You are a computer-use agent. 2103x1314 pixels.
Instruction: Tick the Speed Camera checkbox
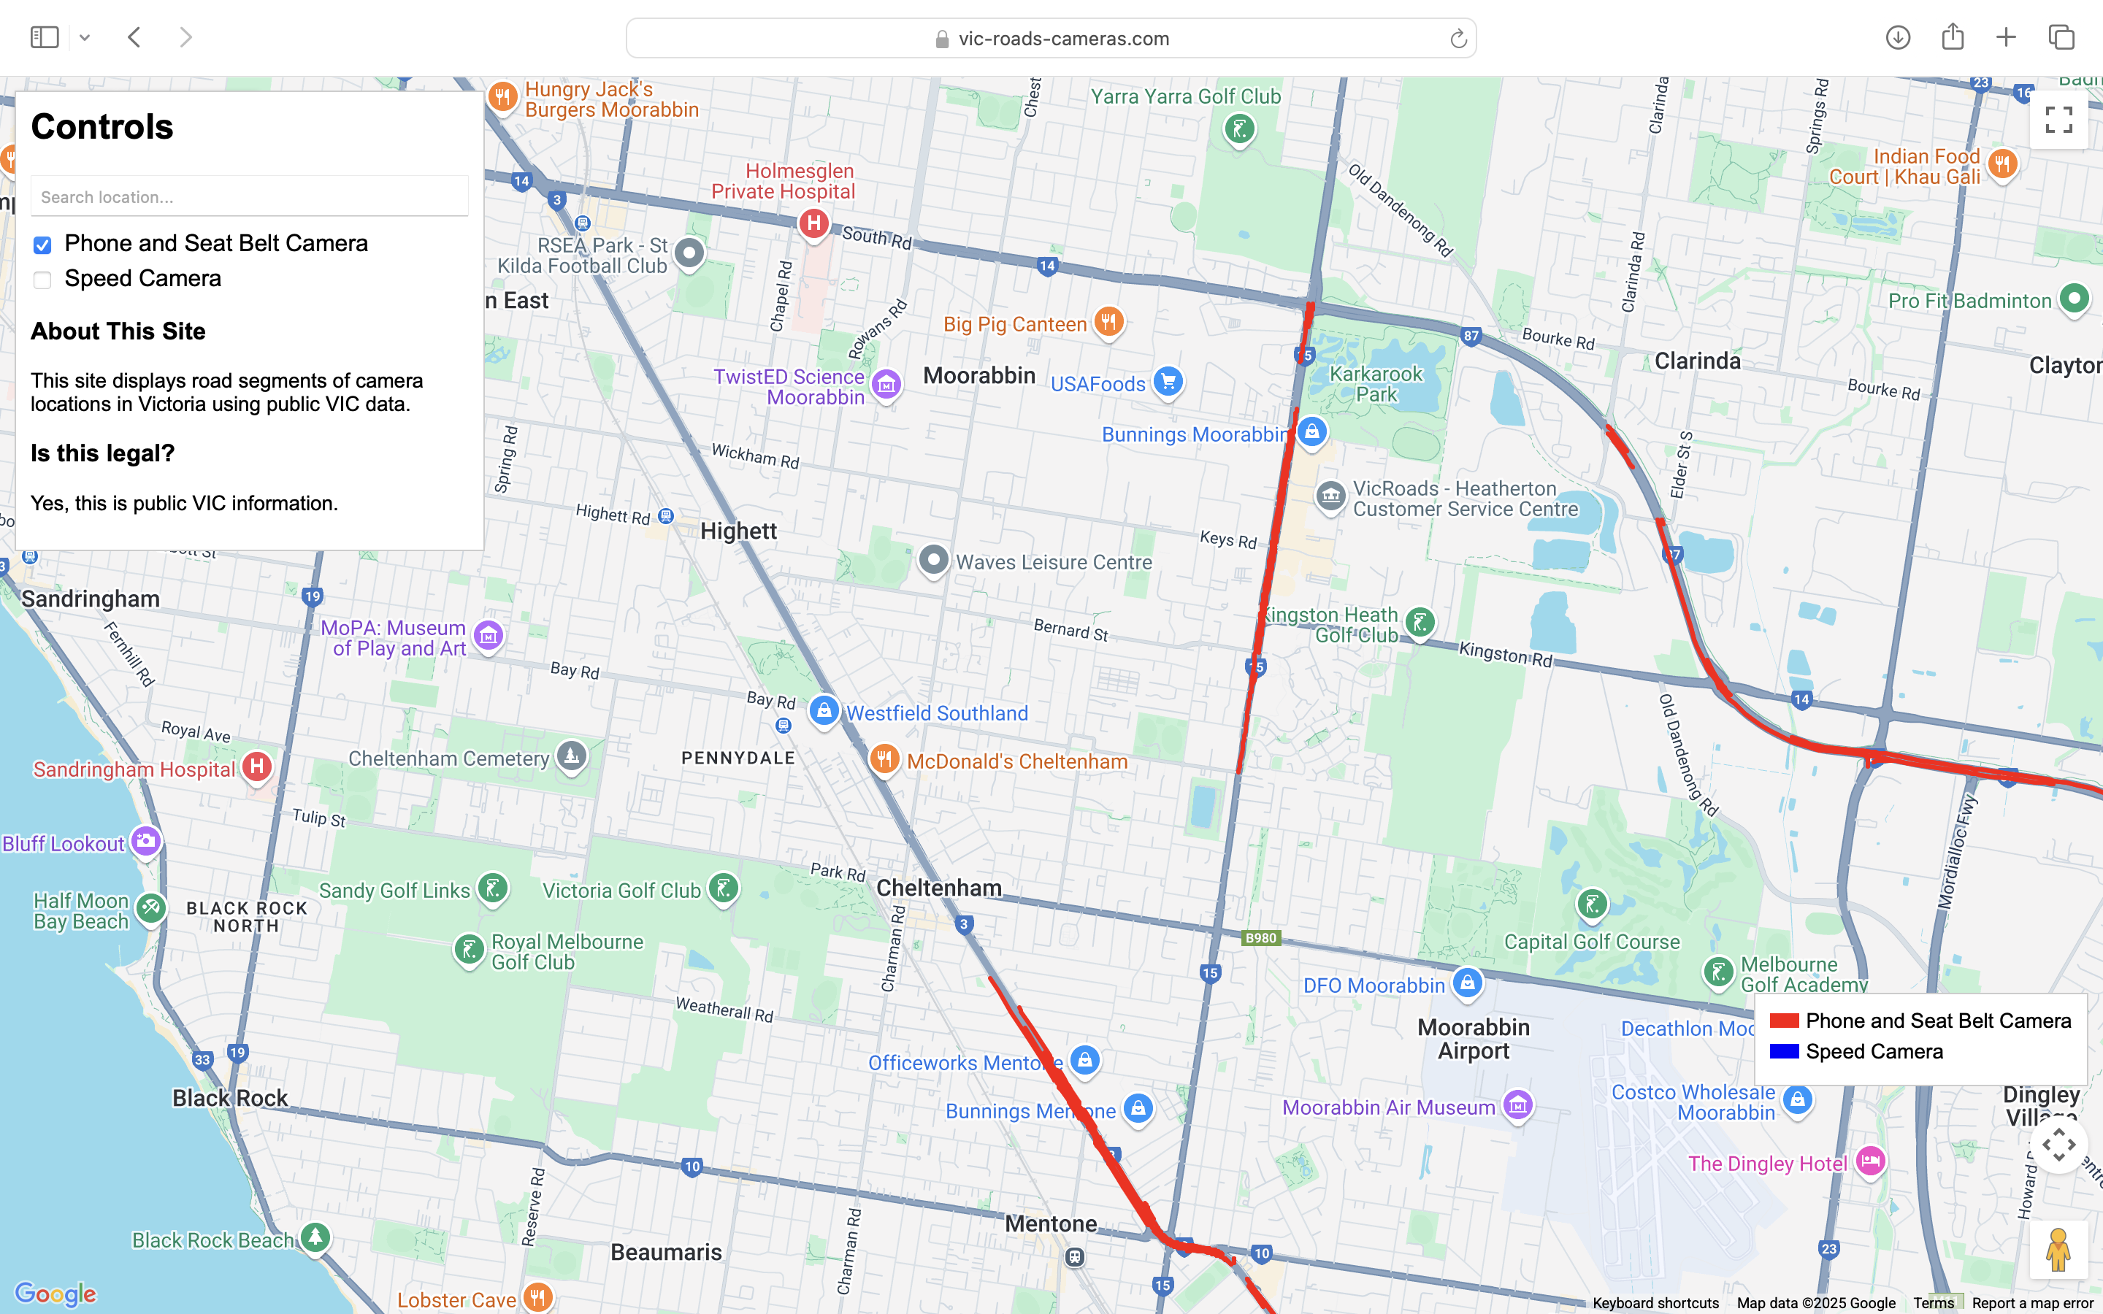42,280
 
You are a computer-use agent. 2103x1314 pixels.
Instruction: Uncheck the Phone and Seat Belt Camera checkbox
42,245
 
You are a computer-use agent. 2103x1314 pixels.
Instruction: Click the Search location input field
250,196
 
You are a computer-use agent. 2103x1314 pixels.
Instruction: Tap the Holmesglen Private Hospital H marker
813,223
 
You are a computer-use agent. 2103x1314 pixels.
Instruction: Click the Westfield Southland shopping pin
824,711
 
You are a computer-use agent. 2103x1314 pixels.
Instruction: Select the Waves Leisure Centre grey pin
933,558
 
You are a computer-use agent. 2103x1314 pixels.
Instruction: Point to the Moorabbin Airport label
1473,1039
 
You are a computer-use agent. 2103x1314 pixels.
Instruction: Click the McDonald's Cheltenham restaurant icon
884,758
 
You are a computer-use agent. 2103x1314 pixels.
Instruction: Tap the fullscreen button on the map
2058,120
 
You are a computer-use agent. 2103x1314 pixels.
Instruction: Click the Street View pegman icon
2057,1250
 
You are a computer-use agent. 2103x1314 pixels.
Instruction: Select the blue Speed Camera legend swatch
1784,1051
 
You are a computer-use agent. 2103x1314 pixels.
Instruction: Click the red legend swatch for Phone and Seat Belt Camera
1784,1021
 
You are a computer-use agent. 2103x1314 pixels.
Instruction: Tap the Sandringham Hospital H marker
256,766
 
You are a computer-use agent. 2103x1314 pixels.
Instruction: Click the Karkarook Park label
1376,384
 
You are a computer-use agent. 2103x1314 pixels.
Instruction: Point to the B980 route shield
1260,938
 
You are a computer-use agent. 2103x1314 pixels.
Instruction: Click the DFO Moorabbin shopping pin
1467,983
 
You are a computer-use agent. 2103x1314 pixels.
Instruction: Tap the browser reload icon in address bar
1457,38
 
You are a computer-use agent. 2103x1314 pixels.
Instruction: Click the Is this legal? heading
102,453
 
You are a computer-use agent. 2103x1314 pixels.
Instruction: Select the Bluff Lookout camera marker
145,840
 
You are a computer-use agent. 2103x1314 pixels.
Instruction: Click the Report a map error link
2031,1303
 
